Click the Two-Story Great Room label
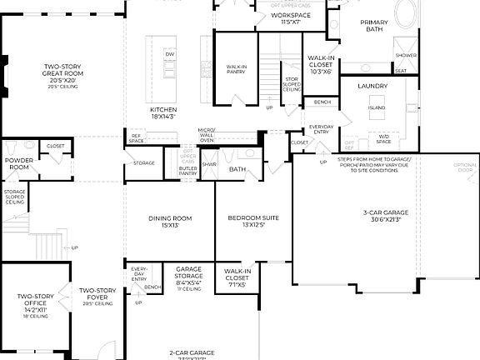[62, 72]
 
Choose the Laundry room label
[372, 86]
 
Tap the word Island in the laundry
[376, 107]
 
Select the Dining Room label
[170, 221]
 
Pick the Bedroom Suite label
[253, 221]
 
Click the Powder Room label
[18, 162]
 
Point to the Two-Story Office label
[36, 300]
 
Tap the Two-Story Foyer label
[97, 294]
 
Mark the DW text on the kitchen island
[170, 54]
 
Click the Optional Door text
[466, 167]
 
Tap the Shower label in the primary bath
[406, 55]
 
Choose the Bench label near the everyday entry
[322, 102]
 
